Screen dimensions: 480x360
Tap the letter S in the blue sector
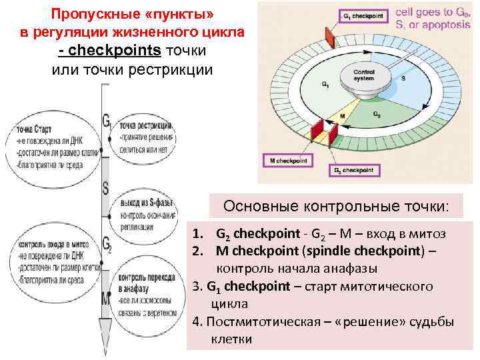403,79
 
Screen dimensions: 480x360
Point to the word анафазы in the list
346,269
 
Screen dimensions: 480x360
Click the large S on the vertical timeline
105,188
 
